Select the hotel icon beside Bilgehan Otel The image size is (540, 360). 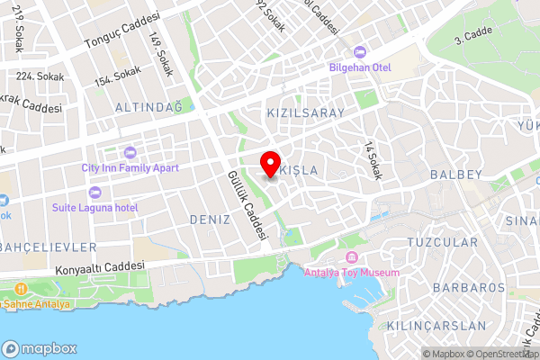pyautogui.click(x=360, y=51)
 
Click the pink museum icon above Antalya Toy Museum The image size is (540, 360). pyautogui.click(x=345, y=258)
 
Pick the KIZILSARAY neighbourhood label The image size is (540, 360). pyautogui.click(x=306, y=113)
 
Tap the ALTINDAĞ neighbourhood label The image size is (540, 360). pyautogui.click(x=148, y=107)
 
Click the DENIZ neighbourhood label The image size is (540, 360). pyautogui.click(x=211, y=219)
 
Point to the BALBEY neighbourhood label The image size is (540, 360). pyautogui.click(x=457, y=174)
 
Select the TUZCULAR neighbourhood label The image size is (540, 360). pyautogui.click(x=442, y=243)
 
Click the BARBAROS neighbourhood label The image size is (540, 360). pyautogui.click(x=468, y=288)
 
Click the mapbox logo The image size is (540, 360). pyautogui.click(x=40, y=348)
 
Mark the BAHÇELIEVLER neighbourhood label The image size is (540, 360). pyautogui.click(x=47, y=247)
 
